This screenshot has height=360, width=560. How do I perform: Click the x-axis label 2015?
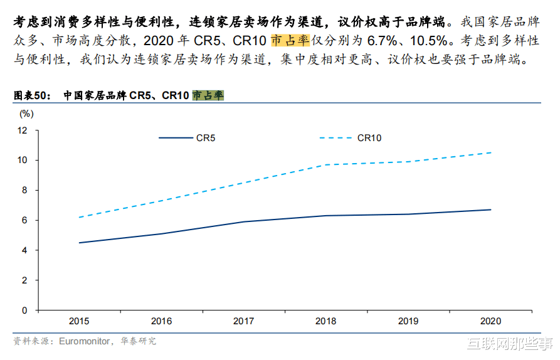(79, 321)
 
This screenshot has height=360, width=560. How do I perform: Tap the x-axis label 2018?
(326, 321)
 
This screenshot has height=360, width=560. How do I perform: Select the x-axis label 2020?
(490, 321)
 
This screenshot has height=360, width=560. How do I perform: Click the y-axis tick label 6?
(25, 220)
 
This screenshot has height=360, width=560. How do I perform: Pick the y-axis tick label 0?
(25, 310)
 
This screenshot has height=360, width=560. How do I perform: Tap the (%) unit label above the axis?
(26, 114)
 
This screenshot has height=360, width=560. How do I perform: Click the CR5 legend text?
(206, 138)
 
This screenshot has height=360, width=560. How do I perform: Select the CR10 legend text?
(369, 138)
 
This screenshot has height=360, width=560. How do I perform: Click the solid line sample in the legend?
(175, 138)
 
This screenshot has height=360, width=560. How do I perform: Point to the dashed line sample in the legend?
(335, 138)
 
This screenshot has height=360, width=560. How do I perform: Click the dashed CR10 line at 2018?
(326, 165)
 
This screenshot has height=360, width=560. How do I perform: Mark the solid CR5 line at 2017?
(243, 221)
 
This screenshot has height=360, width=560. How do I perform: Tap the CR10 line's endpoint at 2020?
(490, 152)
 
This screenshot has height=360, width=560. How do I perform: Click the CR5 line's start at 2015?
(79, 243)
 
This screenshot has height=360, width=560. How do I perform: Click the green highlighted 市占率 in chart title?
(208, 96)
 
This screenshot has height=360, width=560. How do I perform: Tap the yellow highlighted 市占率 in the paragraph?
(290, 41)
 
